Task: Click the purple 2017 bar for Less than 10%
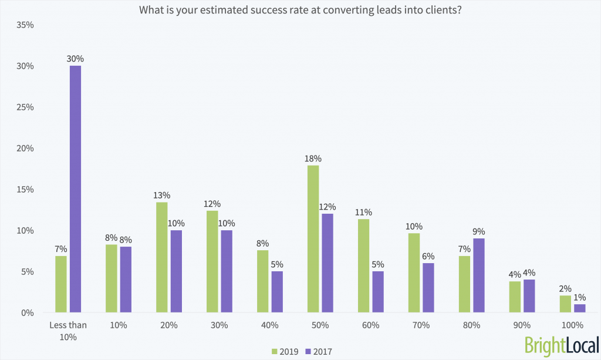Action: click(75, 189)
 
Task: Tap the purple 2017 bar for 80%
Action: click(478, 275)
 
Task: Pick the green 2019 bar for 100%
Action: click(565, 304)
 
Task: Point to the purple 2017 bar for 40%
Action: click(277, 292)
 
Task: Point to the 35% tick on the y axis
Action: click(24, 25)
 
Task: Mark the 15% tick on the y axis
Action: click(24, 190)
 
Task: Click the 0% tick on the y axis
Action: click(26, 313)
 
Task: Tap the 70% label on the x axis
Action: click(421, 325)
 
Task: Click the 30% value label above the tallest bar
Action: click(75, 59)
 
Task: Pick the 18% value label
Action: click(313, 159)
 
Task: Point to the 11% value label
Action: click(364, 212)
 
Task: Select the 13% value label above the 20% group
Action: click(162, 195)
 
